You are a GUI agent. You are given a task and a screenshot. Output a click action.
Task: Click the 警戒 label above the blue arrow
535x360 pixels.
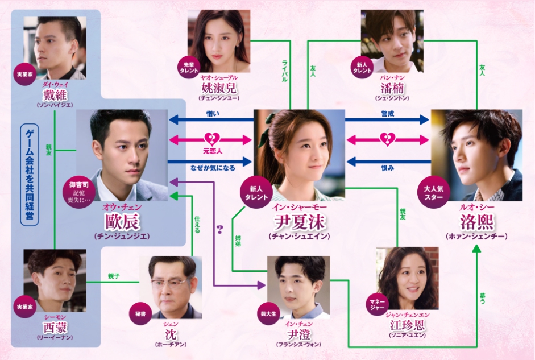click(x=387, y=114)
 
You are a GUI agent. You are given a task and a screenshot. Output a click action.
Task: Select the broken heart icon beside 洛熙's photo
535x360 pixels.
click(x=388, y=139)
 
